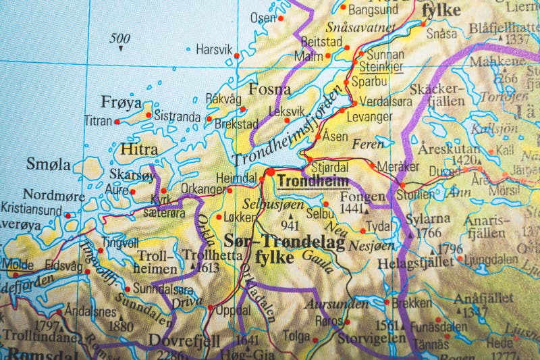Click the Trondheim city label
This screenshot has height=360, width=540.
click(x=314, y=181)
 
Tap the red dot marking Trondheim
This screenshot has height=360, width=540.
click(x=271, y=174)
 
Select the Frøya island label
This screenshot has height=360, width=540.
click(x=122, y=103)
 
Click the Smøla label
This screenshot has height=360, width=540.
click(x=48, y=163)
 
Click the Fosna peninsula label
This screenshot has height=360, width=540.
click(x=269, y=89)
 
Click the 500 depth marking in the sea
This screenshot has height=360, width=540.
click(x=120, y=37)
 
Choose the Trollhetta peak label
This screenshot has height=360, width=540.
click(x=205, y=255)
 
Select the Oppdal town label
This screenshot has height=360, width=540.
click(x=232, y=311)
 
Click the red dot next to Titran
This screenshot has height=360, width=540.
click(x=117, y=122)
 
